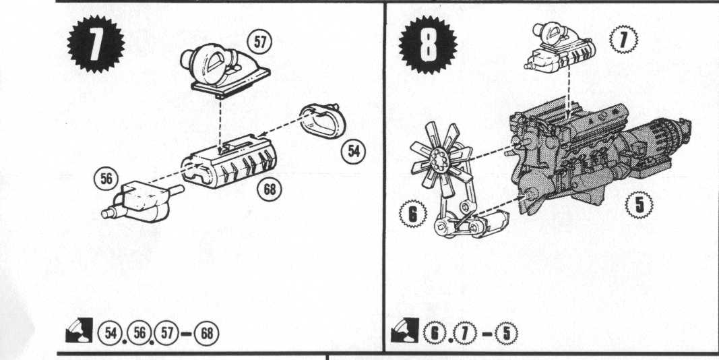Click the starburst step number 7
coord(96,44)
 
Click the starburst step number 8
coord(427,44)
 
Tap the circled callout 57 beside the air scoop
coord(259,42)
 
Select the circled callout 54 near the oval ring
coord(354,151)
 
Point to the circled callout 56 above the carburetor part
coord(106,179)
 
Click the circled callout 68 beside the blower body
coord(269,189)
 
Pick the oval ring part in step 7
coord(323,121)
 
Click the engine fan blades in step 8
coord(439,156)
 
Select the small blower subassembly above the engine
coord(560,47)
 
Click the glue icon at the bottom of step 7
coord(79,330)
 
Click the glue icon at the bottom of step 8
coord(404,330)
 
